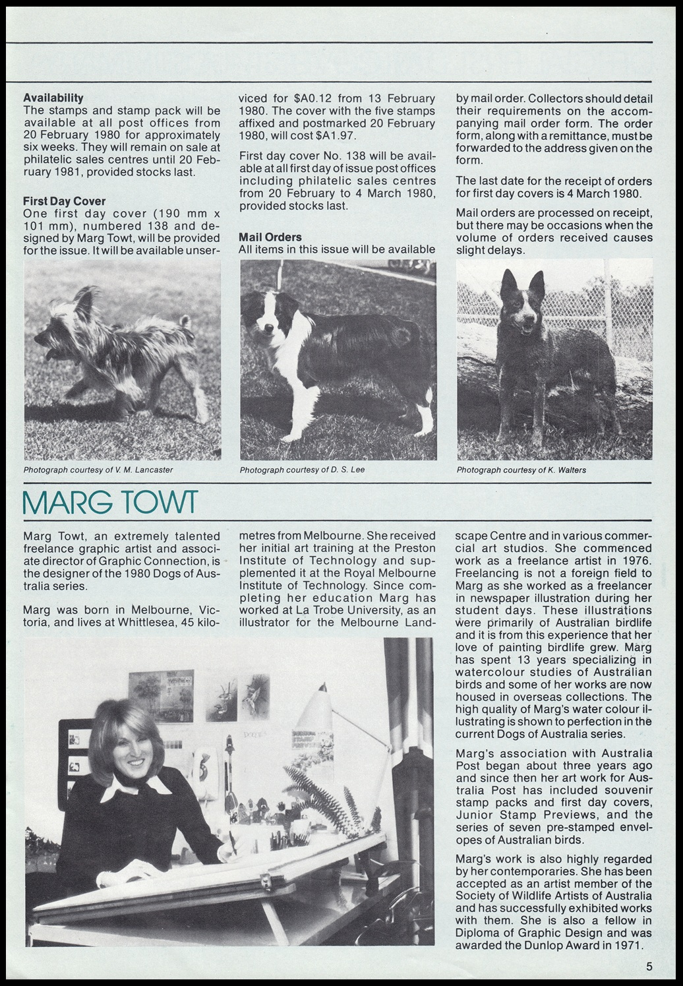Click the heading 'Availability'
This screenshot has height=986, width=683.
pos(53,98)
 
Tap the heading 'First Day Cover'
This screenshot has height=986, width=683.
pos(64,201)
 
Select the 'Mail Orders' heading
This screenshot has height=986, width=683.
pos(270,237)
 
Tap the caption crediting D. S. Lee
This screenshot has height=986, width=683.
pos(302,470)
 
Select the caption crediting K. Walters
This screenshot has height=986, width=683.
pos(521,470)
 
